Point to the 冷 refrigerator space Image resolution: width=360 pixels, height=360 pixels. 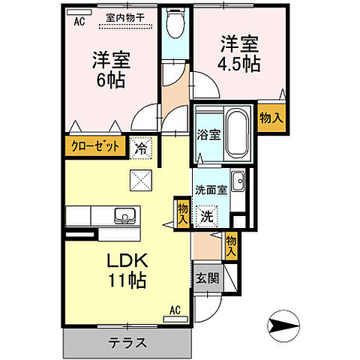pyautogui.click(x=140, y=148)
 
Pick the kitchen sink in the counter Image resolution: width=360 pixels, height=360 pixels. pyautogui.click(x=124, y=217)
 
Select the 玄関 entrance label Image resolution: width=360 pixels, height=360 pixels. pyautogui.click(x=208, y=277)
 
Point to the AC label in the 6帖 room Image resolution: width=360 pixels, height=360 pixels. pyautogui.click(x=78, y=22)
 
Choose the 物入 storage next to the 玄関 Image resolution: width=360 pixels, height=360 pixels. pyautogui.click(x=232, y=246)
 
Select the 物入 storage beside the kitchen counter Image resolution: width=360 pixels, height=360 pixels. pyautogui.click(x=182, y=212)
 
